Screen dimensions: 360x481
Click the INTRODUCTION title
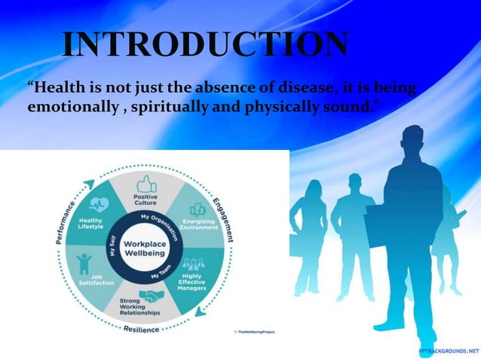(204, 46)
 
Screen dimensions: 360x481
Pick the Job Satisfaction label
(97, 279)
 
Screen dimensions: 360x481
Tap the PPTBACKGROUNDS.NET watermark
(449, 351)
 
